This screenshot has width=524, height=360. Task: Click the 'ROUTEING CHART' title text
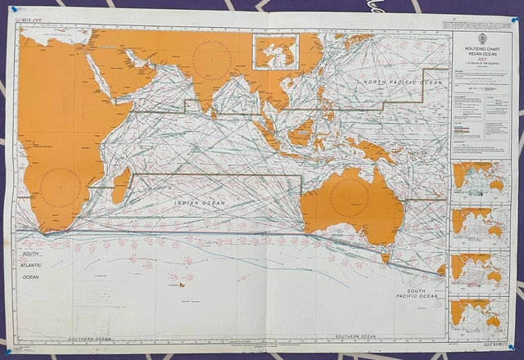[x=481, y=50]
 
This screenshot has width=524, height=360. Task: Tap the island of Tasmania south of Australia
[x=384, y=257]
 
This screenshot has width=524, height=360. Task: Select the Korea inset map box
[x=274, y=51]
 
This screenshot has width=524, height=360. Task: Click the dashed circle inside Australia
[x=350, y=198]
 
